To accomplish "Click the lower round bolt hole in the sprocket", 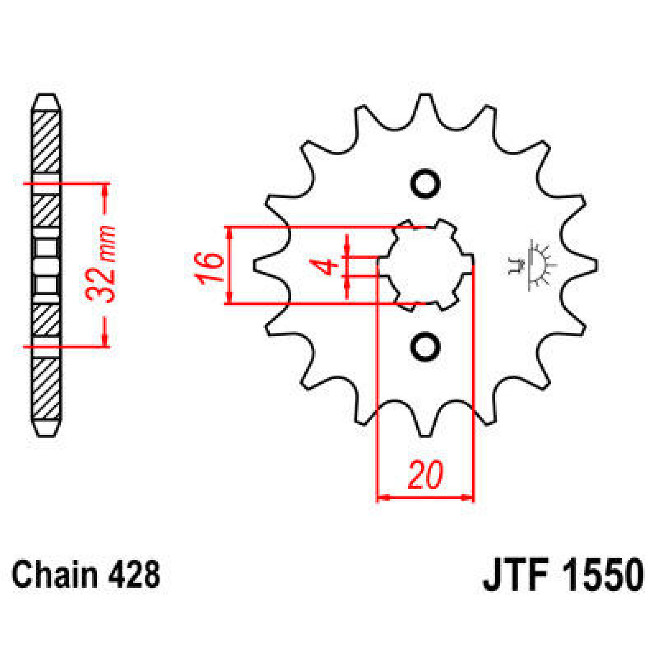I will point(426,346).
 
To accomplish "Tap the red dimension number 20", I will point(425,475).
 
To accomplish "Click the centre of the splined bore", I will point(425,265).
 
